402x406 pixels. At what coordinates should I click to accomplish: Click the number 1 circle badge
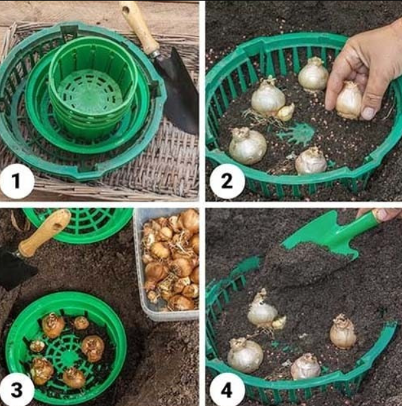click(17, 181)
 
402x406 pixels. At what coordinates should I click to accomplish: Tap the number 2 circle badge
click(227, 181)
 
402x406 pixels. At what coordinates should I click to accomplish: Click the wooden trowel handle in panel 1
click(139, 27)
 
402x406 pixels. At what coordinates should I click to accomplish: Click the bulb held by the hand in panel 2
click(348, 101)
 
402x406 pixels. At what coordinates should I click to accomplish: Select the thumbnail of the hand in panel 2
click(368, 113)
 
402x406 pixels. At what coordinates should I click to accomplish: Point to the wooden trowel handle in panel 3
click(44, 232)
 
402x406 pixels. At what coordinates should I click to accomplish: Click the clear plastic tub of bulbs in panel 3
click(166, 264)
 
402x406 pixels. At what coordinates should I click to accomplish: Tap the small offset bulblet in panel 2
click(286, 112)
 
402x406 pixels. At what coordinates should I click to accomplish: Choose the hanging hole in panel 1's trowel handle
click(127, 10)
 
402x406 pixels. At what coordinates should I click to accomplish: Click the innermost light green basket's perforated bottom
click(90, 93)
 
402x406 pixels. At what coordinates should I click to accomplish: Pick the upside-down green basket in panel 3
click(78, 225)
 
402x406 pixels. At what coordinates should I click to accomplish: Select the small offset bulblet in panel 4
click(279, 322)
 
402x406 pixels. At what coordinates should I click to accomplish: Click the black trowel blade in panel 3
click(16, 270)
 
